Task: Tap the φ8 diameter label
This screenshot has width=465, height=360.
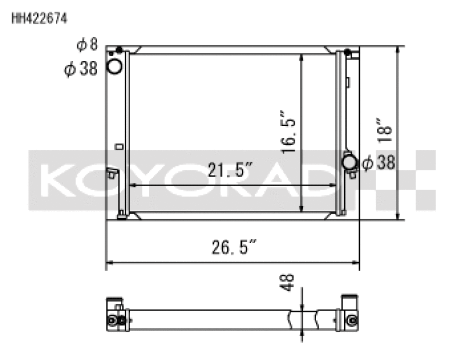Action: pos(87,45)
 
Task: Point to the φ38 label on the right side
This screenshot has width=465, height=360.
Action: pos(378,163)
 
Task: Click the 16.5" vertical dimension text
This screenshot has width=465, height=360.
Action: pos(289,132)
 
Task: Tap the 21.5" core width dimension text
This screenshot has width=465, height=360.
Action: pos(230,170)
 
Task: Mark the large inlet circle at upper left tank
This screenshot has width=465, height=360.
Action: pos(115,67)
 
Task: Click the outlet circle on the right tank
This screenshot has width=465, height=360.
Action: pos(350,162)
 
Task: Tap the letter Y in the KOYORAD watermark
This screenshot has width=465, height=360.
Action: pos(151,180)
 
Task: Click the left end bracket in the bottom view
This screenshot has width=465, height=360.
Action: pos(115,314)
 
